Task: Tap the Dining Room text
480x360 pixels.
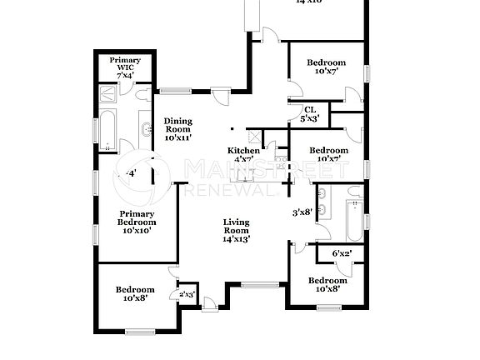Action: (x=177, y=129)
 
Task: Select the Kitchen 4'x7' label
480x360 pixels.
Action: (x=243, y=155)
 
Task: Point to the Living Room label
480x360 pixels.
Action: (x=237, y=230)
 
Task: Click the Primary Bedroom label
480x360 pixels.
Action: (x=136, y=222)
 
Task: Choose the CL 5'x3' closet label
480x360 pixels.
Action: (x=309, y=114)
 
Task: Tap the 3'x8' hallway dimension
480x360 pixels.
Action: (x=301, y=212)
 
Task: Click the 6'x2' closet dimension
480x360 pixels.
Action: (x=342, y=253)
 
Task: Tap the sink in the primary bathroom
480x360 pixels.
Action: (x=147, y=128)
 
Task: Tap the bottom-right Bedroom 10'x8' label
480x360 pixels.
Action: (x=326, y=285)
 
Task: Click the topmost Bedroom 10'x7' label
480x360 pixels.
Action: (x=326, y=67)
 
